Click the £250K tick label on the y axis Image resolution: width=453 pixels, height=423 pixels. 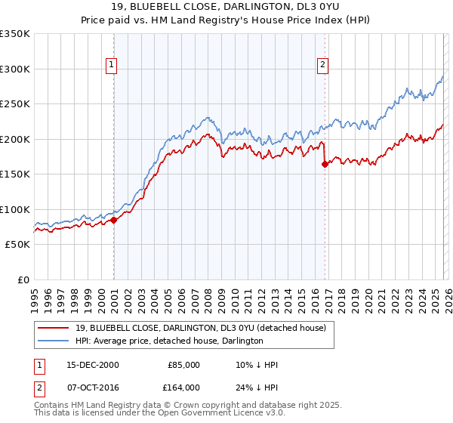(x=15, y=104)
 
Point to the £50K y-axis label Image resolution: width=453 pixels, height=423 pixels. (x=17, y=245)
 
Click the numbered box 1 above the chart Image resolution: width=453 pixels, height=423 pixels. (x=111, y=66)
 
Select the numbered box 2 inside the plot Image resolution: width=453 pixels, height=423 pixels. (x=322, y=66)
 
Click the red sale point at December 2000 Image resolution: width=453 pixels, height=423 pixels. (x=114, y=221)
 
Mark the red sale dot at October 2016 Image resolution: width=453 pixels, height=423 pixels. (x=325, y=165)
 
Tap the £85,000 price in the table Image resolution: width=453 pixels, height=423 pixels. (x=183, y=365)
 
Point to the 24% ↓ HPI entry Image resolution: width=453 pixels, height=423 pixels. (x=257, y=387)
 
